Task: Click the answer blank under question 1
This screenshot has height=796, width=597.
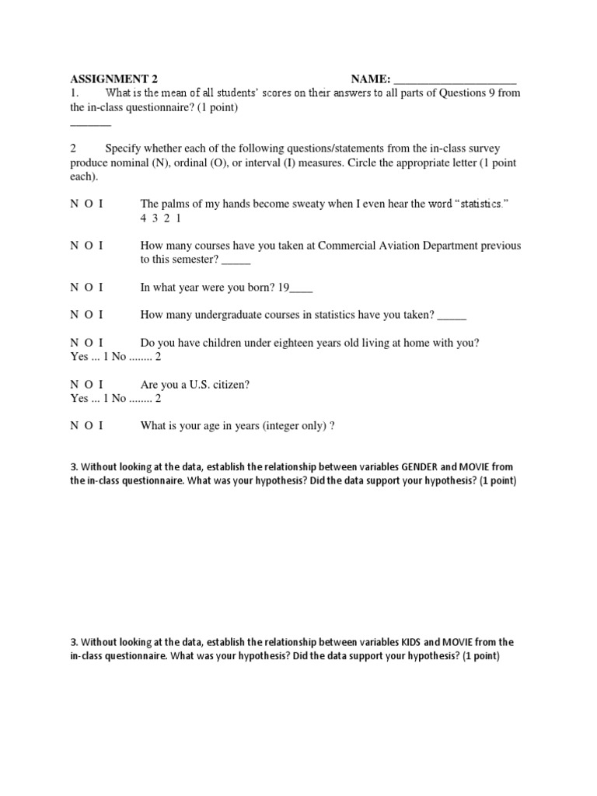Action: [x=91, y=124]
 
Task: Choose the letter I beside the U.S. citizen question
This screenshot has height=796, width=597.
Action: [x=101, y=385]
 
